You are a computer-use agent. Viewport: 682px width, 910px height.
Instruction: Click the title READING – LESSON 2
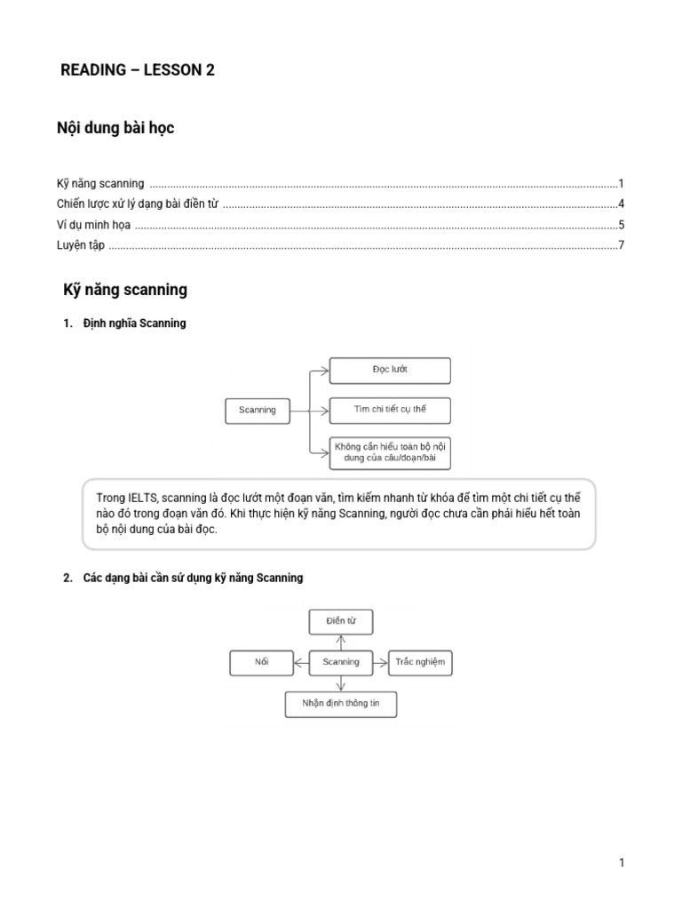point(137,71)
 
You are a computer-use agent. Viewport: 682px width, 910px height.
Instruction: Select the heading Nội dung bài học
point(115,128)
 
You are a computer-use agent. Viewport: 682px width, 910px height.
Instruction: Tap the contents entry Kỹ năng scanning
point(100,184)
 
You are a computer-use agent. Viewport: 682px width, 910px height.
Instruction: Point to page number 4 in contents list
point(622,204)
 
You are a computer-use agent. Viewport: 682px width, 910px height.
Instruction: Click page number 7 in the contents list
point(622,245)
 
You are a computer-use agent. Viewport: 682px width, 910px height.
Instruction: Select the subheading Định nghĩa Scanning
point(134,323)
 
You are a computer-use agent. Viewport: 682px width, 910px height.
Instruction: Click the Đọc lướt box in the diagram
point(390,370)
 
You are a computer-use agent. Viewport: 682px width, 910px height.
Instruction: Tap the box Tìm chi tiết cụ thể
point(390,410)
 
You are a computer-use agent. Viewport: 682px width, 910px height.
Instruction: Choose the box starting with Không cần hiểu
point(390,452)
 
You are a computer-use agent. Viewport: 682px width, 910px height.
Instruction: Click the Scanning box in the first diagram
point(258,411)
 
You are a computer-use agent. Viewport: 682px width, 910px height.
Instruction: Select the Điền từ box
point(341,621)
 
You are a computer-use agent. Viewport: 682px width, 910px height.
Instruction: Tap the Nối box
point(261,662)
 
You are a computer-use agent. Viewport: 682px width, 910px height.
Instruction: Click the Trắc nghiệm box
point(421,662)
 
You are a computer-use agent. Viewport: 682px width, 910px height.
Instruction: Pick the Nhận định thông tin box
point(341,705)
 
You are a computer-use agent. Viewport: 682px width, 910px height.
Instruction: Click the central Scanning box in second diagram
point(341,662)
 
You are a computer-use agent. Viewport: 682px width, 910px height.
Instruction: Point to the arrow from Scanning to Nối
point(301,662)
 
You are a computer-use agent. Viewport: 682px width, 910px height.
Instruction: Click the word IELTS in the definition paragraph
point(143,498)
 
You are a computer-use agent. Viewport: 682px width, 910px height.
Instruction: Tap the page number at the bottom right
point(623,863)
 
